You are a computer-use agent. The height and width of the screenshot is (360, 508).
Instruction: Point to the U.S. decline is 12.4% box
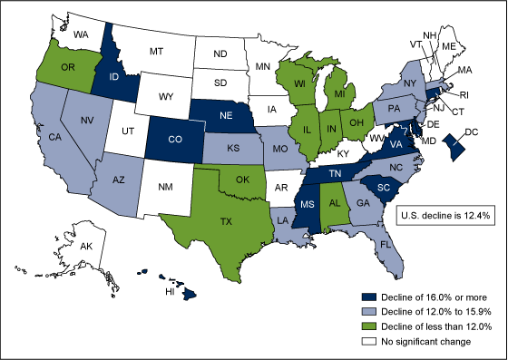coord(445,212)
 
